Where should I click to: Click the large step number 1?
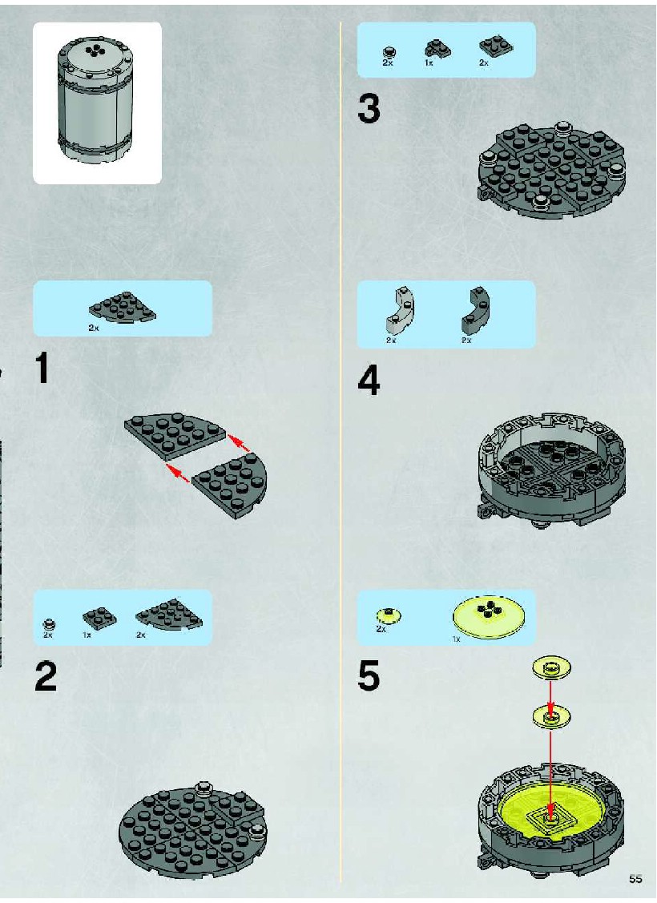click(42, 368)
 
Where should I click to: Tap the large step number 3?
click(369, 109)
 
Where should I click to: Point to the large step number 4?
click(369, 380)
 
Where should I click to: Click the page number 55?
click(635, 879)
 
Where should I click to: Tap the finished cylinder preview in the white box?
click(97, 101)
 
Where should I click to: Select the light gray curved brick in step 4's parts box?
click(398, 311)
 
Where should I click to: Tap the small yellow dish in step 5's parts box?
click(388, 615)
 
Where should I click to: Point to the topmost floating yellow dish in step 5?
click(551, 668)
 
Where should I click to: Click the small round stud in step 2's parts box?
click(50, 623)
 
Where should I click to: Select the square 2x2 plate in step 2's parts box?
click(99, 619)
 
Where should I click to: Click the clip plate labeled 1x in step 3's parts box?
click(437, 49)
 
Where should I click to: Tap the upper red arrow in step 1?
click(239, 443)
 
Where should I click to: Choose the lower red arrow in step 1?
click(177, 472)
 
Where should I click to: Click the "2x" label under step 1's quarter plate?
click(93, 328)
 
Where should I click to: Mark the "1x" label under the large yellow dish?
click(456, 639)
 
